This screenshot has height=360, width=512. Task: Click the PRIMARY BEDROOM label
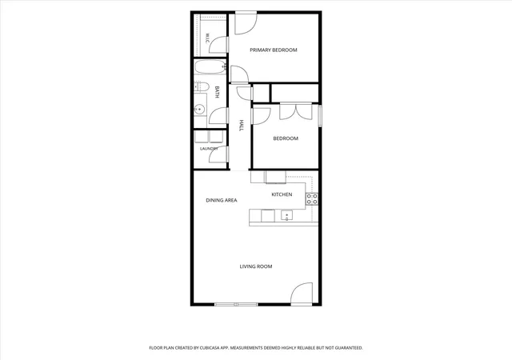click(274, 50)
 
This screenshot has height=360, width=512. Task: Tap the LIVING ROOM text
click(256, 266)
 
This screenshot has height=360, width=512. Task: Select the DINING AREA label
click(222, 200)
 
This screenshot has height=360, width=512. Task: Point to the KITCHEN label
click(282, 194)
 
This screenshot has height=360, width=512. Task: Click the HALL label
click(242, 126)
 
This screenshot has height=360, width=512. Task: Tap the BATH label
click(217, 92)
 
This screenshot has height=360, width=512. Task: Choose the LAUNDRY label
click(209, 149)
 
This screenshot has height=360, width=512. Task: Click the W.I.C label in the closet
click(207, 38)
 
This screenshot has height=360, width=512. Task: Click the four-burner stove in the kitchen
click(312, 199)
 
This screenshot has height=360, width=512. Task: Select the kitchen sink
click(286, 215)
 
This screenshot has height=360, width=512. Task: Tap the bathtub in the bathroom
click(210, 67)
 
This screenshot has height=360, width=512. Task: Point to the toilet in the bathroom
click(201, 87)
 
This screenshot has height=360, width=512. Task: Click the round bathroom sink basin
click(199, 109)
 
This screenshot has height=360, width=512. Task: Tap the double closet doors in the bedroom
click(296, 111)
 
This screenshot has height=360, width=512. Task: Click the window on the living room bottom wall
click(237, 305)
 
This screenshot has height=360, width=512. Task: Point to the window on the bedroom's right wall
click(320, 115)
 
